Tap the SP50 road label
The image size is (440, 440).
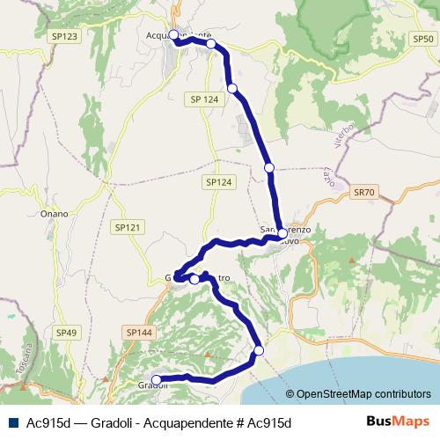tap(422, 40)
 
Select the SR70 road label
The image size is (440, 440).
tap(363, 191)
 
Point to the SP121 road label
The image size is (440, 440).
tap(127, 227)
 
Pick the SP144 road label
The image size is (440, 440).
tap(139, 333)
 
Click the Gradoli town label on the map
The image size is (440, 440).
tap(152, 385)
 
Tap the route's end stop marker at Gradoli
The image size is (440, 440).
tap(158, 380)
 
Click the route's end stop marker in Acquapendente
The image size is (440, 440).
tap(173, 35)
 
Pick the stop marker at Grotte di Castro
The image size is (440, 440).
tap(194, 279)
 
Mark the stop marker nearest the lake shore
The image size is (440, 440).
tap(259, 352)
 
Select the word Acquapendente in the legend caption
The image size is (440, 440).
tap(194, 422)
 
